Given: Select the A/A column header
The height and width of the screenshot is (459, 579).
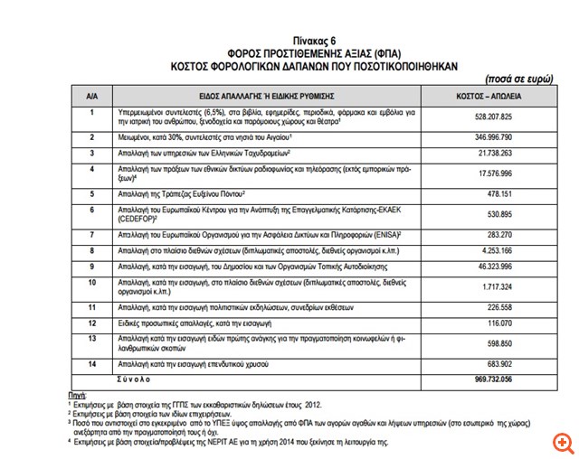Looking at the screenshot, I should tap(91, 95).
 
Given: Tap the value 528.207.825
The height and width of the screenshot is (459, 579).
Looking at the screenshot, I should tap(494, 117).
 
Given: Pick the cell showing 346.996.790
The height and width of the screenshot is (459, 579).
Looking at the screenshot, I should tap(494, 136).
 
